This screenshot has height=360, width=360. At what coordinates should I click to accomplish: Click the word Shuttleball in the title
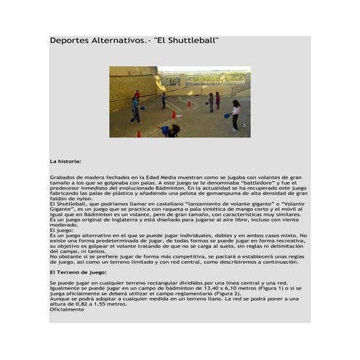(x=193, y=41)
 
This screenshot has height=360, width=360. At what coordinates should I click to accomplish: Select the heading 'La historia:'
(x=65, y=161)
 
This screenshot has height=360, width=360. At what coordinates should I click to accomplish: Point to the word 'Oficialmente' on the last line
(x=67, y=309)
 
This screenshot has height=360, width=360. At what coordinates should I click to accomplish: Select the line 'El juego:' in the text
(x=62, y=230)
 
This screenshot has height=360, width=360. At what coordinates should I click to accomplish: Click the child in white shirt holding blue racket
(x=235, y=115)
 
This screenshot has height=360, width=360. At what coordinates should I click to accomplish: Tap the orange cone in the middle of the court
(x=173, y=115)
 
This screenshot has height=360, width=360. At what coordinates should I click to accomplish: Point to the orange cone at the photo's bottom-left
(x=139, y=134)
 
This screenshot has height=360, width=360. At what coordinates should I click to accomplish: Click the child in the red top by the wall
(x=137, y=95)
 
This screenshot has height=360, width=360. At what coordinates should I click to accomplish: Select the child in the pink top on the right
(x=217, y=100)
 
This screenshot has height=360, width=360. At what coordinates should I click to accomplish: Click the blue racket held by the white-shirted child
(x=227, y=116)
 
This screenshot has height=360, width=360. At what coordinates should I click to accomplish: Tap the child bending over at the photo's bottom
(x=170, y=130)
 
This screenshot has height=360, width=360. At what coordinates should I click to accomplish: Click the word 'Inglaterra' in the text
(x=125, y=220)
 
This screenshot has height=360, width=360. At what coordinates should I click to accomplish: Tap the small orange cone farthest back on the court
(x=189, y=104)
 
